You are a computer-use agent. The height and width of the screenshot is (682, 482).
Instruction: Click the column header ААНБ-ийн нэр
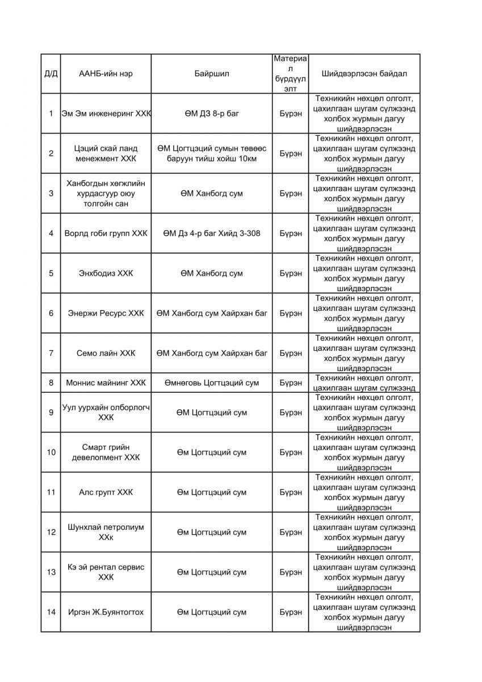[x=106, y=74]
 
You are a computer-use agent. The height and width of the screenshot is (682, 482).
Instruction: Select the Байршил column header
[x=212, y=74]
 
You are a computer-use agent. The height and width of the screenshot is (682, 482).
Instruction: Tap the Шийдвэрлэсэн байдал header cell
[x=364, y=74]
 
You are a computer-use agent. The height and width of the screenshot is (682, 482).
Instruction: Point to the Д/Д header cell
[x=51, y=74]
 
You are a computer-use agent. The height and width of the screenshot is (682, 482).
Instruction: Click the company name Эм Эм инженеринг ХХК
[x=106, y=114]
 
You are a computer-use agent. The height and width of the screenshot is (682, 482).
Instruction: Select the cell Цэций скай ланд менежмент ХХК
[x=106, y=153]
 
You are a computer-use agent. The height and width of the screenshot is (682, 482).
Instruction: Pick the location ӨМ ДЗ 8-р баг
[x=212, y=114]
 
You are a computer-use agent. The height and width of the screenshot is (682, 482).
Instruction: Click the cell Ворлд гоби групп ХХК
[x=106, y=233]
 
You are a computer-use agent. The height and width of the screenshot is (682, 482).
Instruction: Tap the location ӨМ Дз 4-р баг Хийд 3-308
[x=212, y=233]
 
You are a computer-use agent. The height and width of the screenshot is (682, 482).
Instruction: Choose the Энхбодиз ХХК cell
[x=106, y=273]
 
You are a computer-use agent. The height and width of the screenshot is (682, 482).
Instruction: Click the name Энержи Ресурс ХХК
[x=106, y=313]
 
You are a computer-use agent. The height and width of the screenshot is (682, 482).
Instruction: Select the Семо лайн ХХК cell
[x=106, y=353]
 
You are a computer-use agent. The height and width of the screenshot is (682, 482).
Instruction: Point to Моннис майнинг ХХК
[x=106, y=382]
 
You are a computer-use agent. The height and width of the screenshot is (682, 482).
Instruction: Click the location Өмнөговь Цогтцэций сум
[x=212, y=382]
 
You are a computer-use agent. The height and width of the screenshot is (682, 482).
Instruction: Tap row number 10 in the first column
[x=51, y=452]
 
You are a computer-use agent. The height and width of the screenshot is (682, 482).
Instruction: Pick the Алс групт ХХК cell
[x=106, y=492]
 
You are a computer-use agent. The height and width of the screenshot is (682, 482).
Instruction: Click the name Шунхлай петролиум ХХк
[x=106, y=532]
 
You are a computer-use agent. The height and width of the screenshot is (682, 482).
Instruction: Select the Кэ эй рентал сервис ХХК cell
[x=106, y=572]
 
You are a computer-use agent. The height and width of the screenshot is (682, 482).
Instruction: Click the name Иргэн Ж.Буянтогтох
[x=106, y=612]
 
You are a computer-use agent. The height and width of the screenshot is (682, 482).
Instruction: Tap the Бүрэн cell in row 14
[x=291, y=612]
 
